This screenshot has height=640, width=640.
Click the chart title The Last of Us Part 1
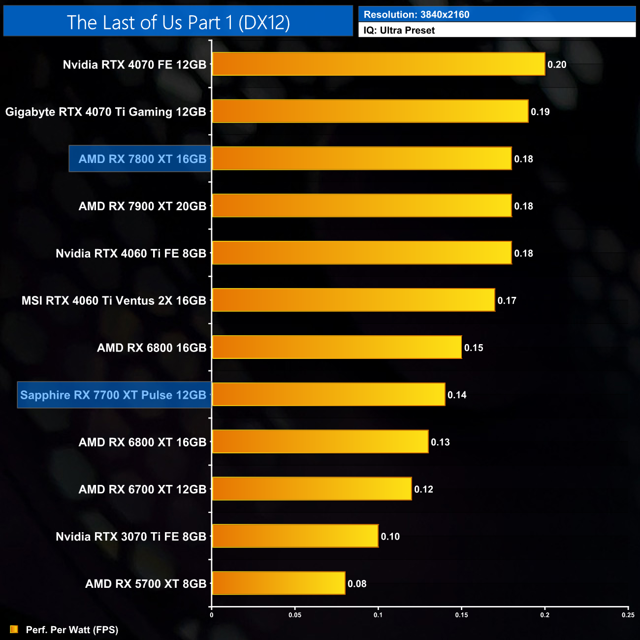178,22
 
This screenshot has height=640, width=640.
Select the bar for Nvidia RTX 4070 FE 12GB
379,64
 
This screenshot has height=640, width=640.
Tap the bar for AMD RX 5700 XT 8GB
279,583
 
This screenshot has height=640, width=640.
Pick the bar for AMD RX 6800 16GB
337,347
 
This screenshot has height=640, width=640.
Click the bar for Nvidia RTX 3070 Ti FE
295,536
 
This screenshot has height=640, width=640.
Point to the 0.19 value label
540,112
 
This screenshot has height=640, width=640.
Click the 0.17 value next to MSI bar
507,300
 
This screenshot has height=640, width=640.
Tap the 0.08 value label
357,584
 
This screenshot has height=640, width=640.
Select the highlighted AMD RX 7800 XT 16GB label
140,159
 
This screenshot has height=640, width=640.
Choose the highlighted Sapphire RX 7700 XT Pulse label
114,395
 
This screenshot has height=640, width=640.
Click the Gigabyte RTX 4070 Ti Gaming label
105,112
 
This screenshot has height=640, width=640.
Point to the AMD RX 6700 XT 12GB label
142,489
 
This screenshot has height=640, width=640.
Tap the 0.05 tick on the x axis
295,615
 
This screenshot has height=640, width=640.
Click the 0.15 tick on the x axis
461,615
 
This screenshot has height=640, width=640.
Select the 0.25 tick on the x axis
628,615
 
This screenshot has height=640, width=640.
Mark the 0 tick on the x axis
212,615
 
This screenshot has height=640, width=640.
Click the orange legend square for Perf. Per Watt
14,629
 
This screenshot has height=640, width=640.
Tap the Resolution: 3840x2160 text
416,14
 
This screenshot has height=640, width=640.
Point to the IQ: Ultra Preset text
399,31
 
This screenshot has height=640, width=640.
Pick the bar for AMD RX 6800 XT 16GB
320,442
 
